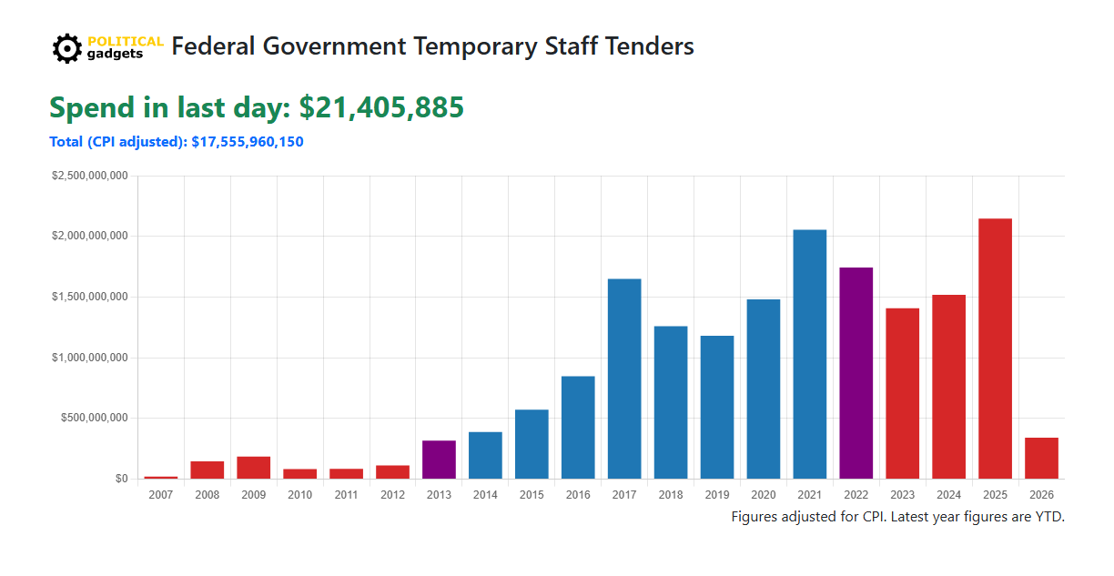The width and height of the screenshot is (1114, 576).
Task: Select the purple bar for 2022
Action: point(856,373)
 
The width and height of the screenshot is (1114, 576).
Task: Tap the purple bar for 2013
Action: point(439,460)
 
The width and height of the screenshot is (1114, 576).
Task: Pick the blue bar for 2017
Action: point(624,379)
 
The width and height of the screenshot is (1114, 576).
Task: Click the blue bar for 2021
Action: point(810,354)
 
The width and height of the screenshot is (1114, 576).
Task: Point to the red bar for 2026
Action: point(1041,459)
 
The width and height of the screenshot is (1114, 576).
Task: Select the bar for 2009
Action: point(254,468)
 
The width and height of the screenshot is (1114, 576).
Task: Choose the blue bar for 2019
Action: point(717,407)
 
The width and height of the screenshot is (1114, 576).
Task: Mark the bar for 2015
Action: point(532,444)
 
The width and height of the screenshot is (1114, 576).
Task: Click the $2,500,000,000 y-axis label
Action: point(89,176)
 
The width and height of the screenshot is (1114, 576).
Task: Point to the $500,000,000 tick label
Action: point(93,419)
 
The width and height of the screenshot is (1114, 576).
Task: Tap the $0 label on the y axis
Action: point(121,479)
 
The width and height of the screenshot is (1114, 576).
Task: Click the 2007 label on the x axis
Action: point(161,495)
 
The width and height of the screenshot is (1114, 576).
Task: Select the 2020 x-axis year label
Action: point(764,495)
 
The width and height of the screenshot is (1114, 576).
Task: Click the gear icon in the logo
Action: point(67,48)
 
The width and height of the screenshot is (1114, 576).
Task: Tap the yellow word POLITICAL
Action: point(126,41)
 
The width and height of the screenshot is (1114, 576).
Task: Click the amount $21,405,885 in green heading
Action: point(381,107)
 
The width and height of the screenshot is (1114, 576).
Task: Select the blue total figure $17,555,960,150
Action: point(248,142)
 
